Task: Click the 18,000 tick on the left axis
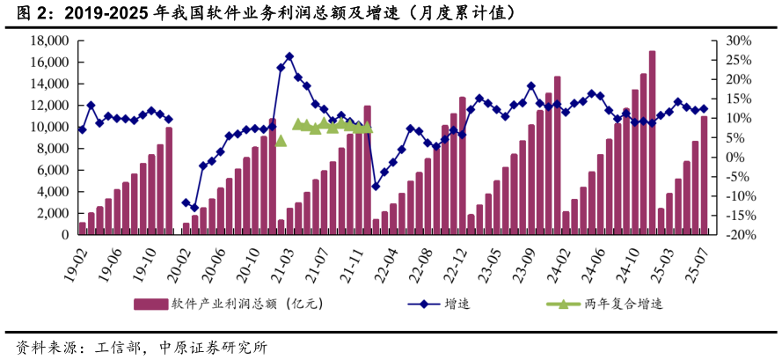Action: [x=50, y=40]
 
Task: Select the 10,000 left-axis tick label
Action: [x=50, y=127]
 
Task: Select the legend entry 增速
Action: [x=456, y=305]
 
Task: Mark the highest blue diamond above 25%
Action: [x=289, y=57]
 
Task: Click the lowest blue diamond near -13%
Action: [x=194, y=208]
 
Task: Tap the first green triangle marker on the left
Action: [x=281, y=140]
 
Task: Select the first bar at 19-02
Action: [x=83, y=229]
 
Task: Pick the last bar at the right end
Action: [x=704, y=176]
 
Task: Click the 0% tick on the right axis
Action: [x=734, y=158]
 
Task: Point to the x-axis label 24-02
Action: [x=559, y=262]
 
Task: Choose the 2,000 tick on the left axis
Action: [x=54, y=214]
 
